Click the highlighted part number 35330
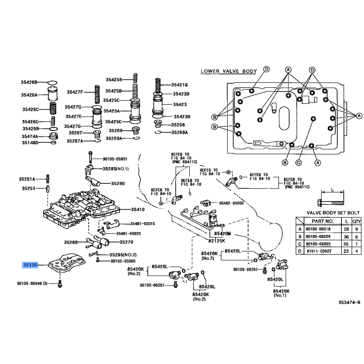click(30, 265)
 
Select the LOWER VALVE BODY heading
click(229, 71)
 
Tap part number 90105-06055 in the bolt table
click(318, 244)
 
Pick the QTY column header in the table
click(357, 221)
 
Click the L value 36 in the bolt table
click(346, 237)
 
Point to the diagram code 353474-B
click(349, 302)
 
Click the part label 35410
click(138, 209)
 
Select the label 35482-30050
click(231, 203)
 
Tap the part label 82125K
click(217, 241)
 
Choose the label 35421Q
click(179, 85)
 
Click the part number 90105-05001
click(115, 159)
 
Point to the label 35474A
click(30, 136)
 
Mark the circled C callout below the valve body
click(298, 163)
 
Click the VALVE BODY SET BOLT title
click(333, 212)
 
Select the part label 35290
click(118, 183)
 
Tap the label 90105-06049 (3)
click(32, 283)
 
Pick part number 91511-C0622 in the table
click(319, 251)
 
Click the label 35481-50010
click(142, 223)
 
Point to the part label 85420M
click(222, 233)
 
